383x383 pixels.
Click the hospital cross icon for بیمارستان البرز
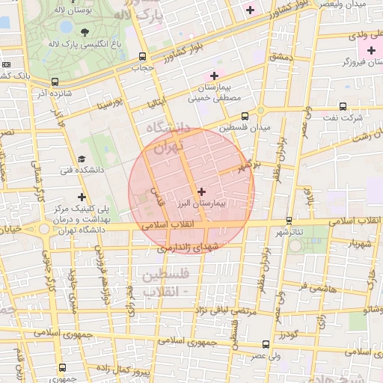200,191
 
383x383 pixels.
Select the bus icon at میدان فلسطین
245,116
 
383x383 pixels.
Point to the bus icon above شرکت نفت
343,106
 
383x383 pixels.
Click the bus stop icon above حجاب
142,57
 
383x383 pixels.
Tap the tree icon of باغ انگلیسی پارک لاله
85,31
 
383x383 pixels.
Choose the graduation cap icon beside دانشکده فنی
81,159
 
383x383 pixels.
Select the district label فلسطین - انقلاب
160,284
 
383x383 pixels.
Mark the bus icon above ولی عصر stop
266,344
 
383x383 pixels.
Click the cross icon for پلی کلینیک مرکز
81,196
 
